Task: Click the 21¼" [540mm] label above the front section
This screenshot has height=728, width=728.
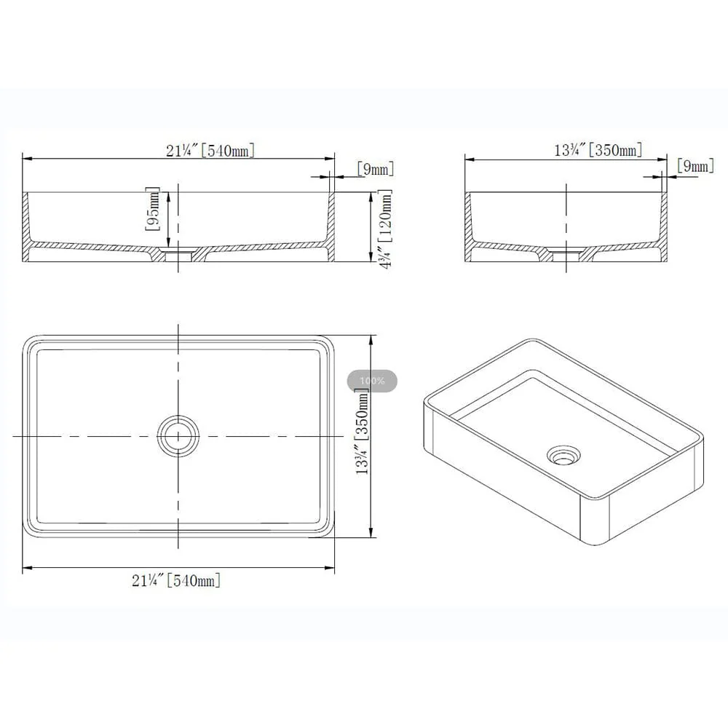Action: click(210, 150)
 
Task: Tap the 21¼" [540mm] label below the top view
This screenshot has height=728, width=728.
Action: click(176, 580)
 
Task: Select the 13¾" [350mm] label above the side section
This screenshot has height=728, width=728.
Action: click(598, 149)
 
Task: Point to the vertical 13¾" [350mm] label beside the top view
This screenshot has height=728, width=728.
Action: click(362, 432)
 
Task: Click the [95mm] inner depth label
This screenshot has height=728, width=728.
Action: click(153, 209)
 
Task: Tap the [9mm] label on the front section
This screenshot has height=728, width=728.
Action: click(376, 169)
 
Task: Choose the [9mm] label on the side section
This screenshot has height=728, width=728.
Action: click(695, 166)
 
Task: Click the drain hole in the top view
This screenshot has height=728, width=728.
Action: click(178, 436)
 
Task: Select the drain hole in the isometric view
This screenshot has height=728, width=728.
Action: click(563, 455)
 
